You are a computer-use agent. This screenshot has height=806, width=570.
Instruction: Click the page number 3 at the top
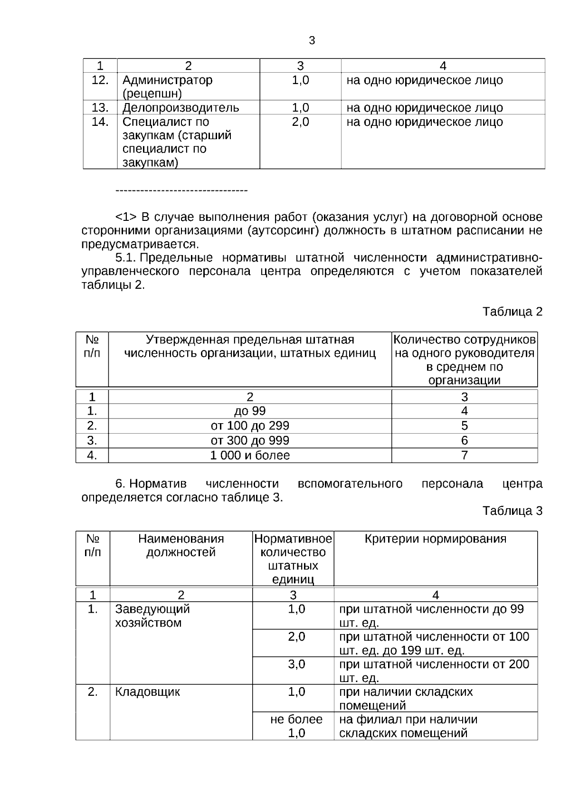click(x=312, y=41)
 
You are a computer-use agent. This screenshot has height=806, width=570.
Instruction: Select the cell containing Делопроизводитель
click(x=180, y=107)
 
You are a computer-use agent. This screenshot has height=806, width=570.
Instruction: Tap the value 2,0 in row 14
click(x=300, y=122)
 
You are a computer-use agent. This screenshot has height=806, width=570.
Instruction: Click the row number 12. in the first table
click(x=100, y=80)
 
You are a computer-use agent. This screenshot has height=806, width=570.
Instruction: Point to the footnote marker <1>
click(x=126, y=218)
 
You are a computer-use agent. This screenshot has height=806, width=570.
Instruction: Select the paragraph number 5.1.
click(x=126, y=258)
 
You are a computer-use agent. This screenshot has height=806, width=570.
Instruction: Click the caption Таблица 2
click(x=512, y=312)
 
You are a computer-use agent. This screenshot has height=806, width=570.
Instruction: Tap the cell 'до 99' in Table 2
click(x=250, y=411)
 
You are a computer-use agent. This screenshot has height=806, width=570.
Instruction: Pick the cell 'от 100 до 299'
click(x=250, y=426)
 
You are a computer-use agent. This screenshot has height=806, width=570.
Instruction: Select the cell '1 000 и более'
click(x=250, y=455)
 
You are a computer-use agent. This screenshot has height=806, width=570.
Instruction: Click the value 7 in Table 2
click(x=464, y=455)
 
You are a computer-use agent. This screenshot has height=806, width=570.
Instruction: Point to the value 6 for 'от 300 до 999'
click(x=464, y=440)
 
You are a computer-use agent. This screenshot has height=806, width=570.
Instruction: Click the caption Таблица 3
click(x=512, y=511)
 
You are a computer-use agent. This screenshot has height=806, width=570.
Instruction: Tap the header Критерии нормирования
click(x=435, y=539)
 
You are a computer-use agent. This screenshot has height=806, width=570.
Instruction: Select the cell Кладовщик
click(x=147, y=692)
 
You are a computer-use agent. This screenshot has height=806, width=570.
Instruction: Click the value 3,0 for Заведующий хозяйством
click(x=296, y=664)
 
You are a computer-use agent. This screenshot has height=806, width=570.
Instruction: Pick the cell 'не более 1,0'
click(x=296, y=726)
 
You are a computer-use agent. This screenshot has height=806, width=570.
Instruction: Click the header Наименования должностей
click(x=180, y=546)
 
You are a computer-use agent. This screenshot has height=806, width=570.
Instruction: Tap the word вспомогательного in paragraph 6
click(x=350, y=484)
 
